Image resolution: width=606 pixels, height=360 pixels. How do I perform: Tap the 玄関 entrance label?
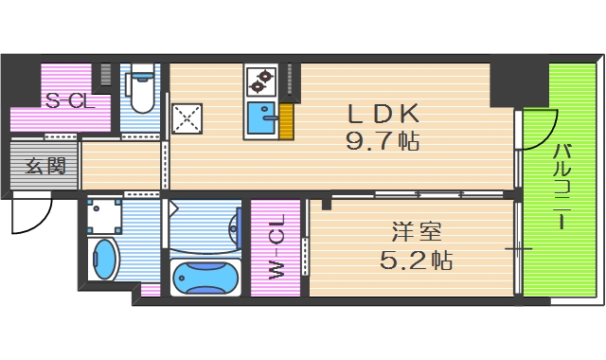coord(45,167)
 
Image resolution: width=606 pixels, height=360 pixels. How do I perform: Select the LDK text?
coord(383,115)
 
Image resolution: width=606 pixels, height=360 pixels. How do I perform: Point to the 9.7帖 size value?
coord(383,143)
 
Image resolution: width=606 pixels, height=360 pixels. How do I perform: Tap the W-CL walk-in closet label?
coord(276,248)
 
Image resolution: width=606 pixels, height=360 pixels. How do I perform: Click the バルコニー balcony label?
coord(561,186)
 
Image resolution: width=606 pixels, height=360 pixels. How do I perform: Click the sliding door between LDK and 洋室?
coord(421,195)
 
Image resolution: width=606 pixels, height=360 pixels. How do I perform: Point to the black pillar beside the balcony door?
coord(502,85)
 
